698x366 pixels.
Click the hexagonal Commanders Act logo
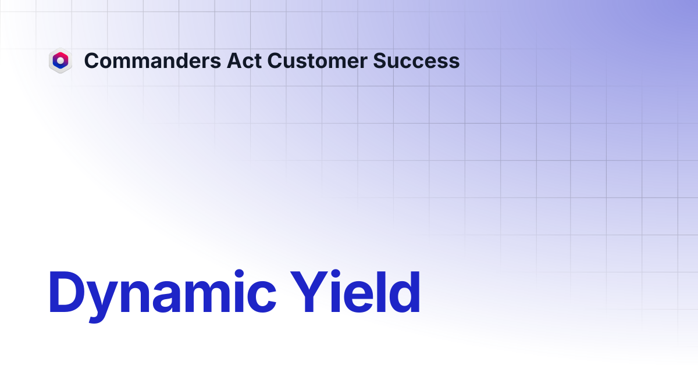[60, 60]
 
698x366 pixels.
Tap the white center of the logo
[60, 60]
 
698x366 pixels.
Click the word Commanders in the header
[152, 60]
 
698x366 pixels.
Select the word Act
[244, 60]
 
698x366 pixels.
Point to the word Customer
[317, 60]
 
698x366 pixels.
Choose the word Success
[416, 60]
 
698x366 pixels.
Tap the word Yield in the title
[355, 292]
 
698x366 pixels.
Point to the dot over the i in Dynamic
[239, 274]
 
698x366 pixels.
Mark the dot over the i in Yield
[335, 274]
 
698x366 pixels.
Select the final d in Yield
[404, 292]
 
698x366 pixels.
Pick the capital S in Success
[380, 60]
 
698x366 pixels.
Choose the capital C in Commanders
[92, 60]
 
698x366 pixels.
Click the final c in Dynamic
[262, 297]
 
